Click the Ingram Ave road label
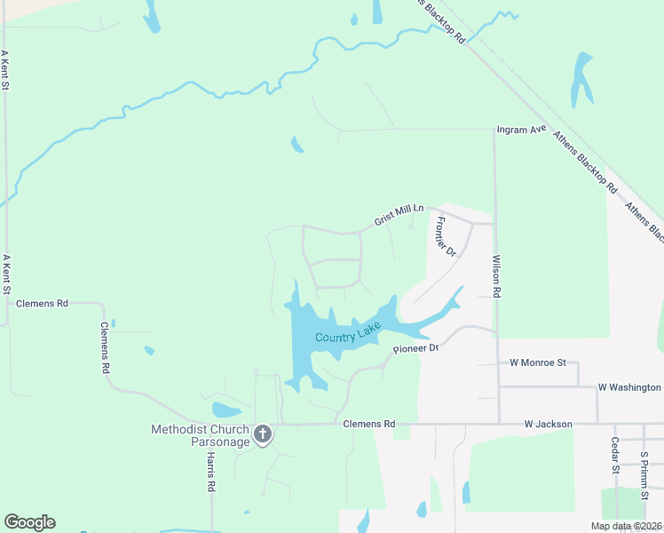tap(521, 129)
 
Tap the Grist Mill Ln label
tap(399, 214)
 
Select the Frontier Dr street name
tap(446, 236)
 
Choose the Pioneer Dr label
tap(416, 348)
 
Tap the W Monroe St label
tap(538, 362)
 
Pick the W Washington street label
tap(629, 387)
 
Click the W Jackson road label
tap(548, 425)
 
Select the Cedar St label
tap(614, 454)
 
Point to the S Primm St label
tap(644, 469)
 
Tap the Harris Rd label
tap(211, 471)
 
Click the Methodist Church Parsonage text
tap(201, 435)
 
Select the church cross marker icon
tap(263, 434)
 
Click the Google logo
tap(29, 522)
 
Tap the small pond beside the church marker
tap(226, 410)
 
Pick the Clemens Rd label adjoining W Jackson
tap(368, 425)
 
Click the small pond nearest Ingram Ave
tap(297, 143)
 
